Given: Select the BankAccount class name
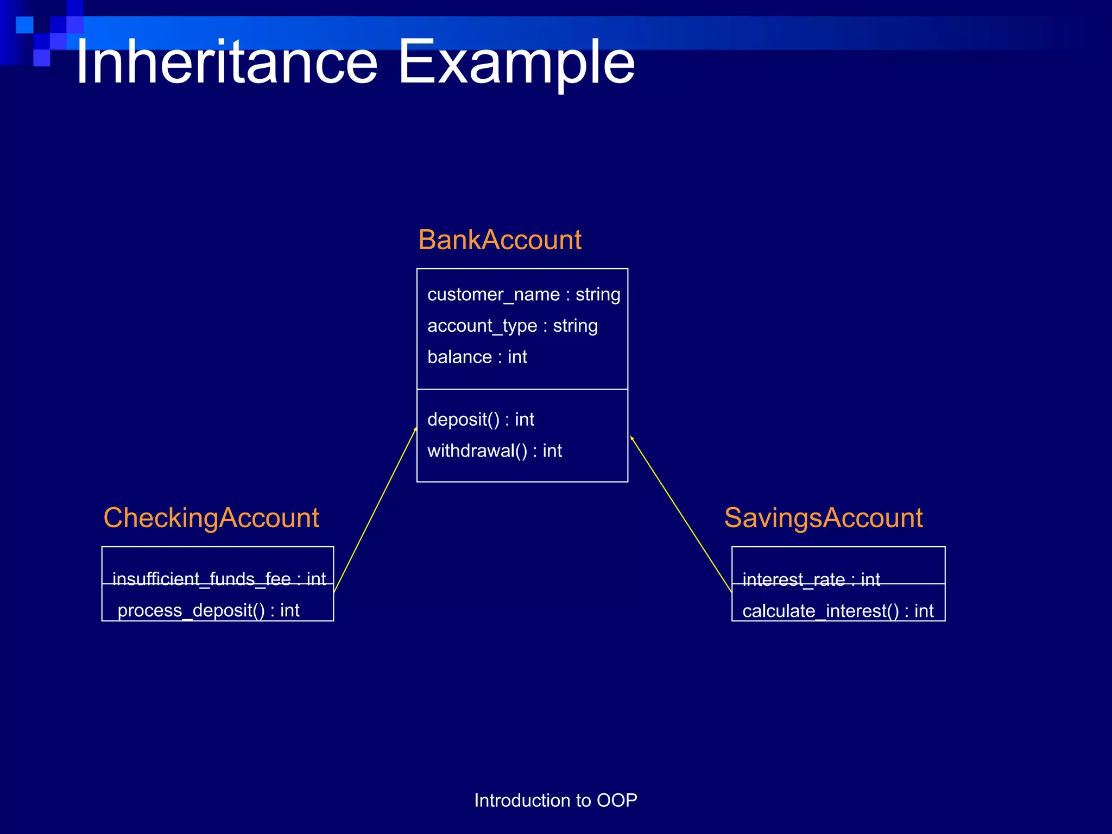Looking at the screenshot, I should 500,240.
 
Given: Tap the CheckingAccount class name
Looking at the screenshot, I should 211,517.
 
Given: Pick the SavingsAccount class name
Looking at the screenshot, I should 823,517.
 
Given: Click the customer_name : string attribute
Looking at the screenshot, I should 523,294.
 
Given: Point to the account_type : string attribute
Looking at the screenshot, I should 512,326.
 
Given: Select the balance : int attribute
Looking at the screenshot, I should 477,357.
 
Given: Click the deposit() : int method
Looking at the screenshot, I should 481,420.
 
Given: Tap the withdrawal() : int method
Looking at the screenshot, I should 494,451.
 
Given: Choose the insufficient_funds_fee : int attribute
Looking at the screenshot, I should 219,579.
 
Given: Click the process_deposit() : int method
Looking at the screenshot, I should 208,610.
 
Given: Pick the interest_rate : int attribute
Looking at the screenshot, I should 811,579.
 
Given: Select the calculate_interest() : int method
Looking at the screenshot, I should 838,611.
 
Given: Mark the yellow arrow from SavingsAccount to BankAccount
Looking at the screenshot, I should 681,514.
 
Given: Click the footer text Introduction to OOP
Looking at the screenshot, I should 555,800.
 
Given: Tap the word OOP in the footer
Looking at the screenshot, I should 617,800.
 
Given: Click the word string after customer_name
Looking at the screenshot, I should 598,294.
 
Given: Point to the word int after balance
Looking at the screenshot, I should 517,357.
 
